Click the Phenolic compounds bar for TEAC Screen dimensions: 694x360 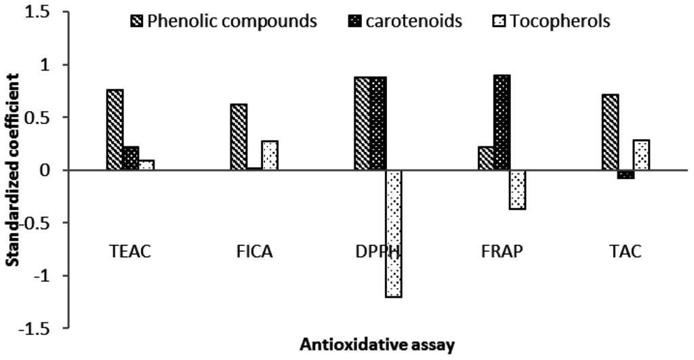click(x=115, y=129)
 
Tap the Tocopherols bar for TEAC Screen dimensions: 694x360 click(x=146, y=165)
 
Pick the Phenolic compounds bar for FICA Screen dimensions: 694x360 click(x=239, y=137)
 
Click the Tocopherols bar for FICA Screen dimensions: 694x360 click(x=270, y=155)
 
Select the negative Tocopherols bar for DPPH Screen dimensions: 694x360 click(x=394, y=233)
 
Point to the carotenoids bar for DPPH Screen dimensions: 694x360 click(x=378, y=123)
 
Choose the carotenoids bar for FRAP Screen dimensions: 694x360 click(x=502, y=123)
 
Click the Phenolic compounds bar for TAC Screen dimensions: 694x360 click(x=610, y=132)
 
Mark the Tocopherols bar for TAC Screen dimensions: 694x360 click(x=641, y=155)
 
